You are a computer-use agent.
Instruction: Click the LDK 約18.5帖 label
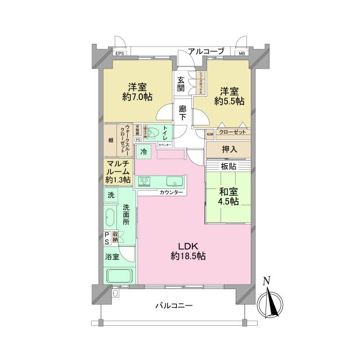[192, 251]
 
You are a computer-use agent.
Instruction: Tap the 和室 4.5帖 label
[228, 196]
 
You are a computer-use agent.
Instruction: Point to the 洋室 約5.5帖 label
[231, 96]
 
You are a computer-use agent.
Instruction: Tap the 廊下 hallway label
[181, 112]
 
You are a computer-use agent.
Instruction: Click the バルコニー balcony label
[174, 306]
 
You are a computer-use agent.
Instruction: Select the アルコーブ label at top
[206, 51]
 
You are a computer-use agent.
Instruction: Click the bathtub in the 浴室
[119, 277]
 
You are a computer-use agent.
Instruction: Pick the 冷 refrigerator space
[144, 152]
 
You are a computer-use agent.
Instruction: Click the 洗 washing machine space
[111, 195]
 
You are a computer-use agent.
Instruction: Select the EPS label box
[119, 53]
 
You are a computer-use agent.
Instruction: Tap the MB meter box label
[242, 53]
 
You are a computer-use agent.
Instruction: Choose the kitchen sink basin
[172, 181]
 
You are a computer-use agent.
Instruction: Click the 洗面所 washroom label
[127, 214]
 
